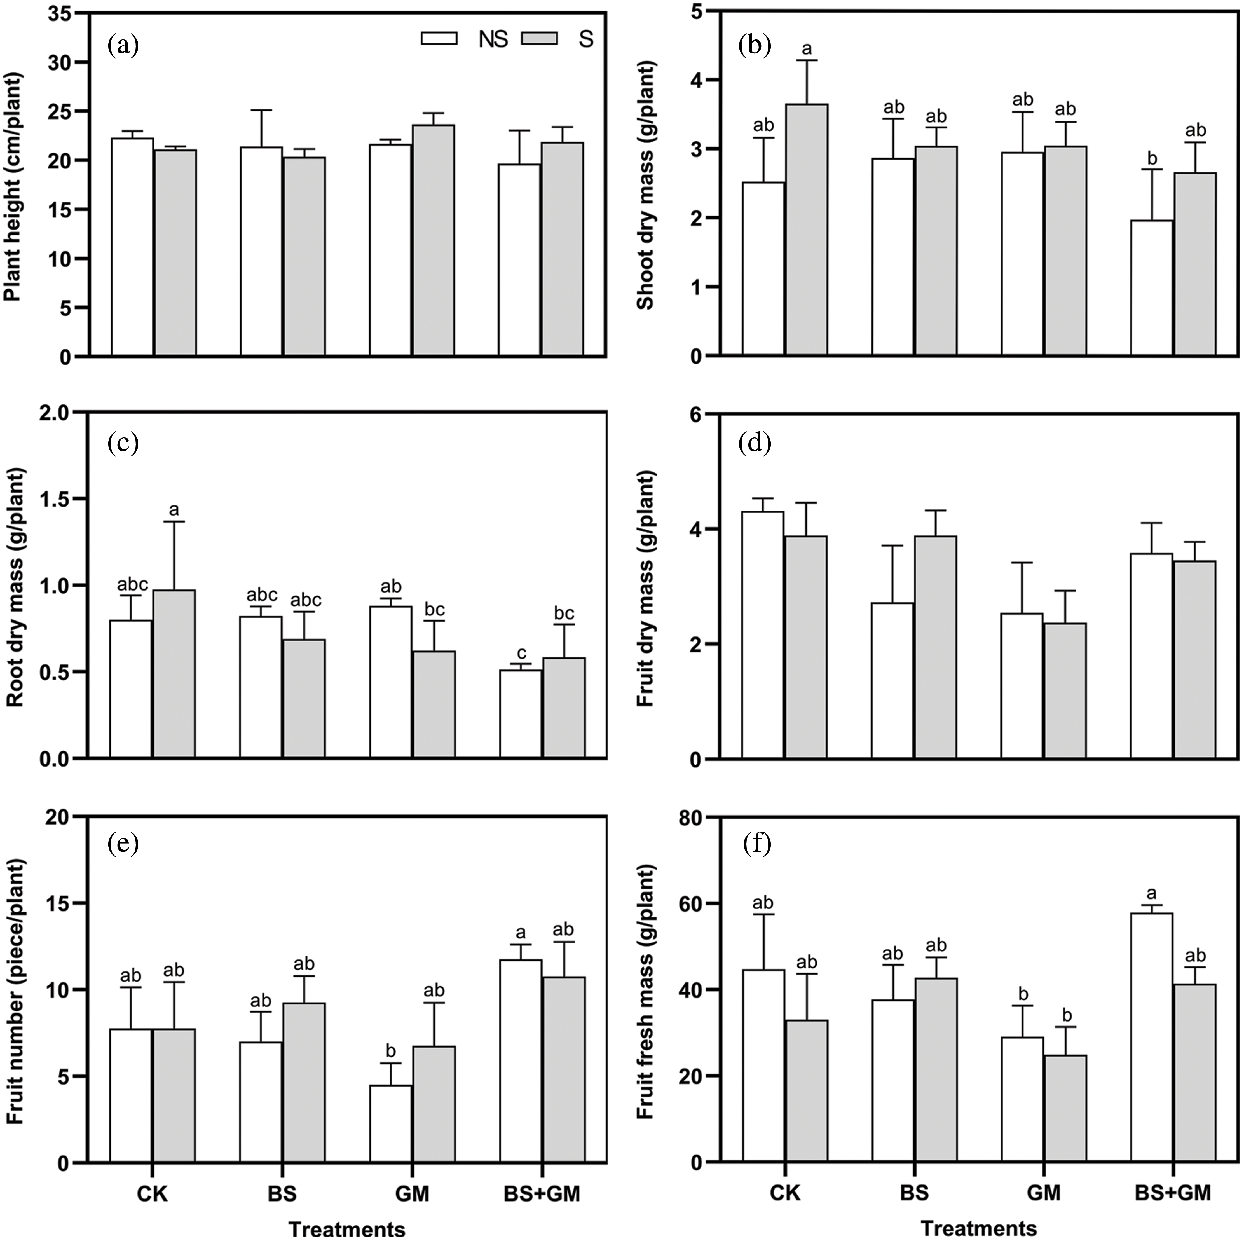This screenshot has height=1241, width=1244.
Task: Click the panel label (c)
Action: tap(124, 444)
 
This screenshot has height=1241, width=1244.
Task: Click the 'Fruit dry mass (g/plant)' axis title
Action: tap(646, 588)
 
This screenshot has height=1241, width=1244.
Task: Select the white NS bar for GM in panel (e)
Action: tap(390, 1124)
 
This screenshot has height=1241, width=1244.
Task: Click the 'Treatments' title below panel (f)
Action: tap(979, 1228)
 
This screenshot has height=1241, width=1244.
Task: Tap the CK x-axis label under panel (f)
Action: tap(785, 1193)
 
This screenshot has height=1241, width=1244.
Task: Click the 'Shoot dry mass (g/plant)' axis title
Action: tap(646, 186)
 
